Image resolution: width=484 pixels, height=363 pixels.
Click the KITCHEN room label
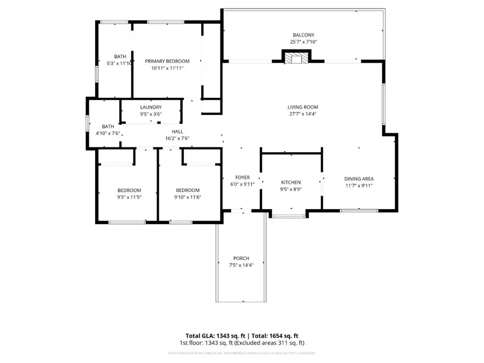291,182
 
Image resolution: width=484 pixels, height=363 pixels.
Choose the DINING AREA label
359,179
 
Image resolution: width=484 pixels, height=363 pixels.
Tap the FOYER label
243,177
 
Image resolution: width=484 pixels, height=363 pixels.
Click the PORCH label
241,258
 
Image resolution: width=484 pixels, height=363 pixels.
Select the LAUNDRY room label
151,107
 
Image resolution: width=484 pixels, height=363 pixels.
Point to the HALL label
177,132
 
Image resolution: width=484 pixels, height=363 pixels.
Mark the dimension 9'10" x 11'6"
188,197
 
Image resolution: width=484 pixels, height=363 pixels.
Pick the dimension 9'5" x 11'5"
129,197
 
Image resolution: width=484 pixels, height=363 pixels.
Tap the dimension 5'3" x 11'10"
120,63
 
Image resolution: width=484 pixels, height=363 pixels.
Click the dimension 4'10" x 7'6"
108,133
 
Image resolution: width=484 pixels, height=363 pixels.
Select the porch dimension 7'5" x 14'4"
241,265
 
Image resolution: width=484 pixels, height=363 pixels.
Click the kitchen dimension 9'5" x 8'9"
291,189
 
